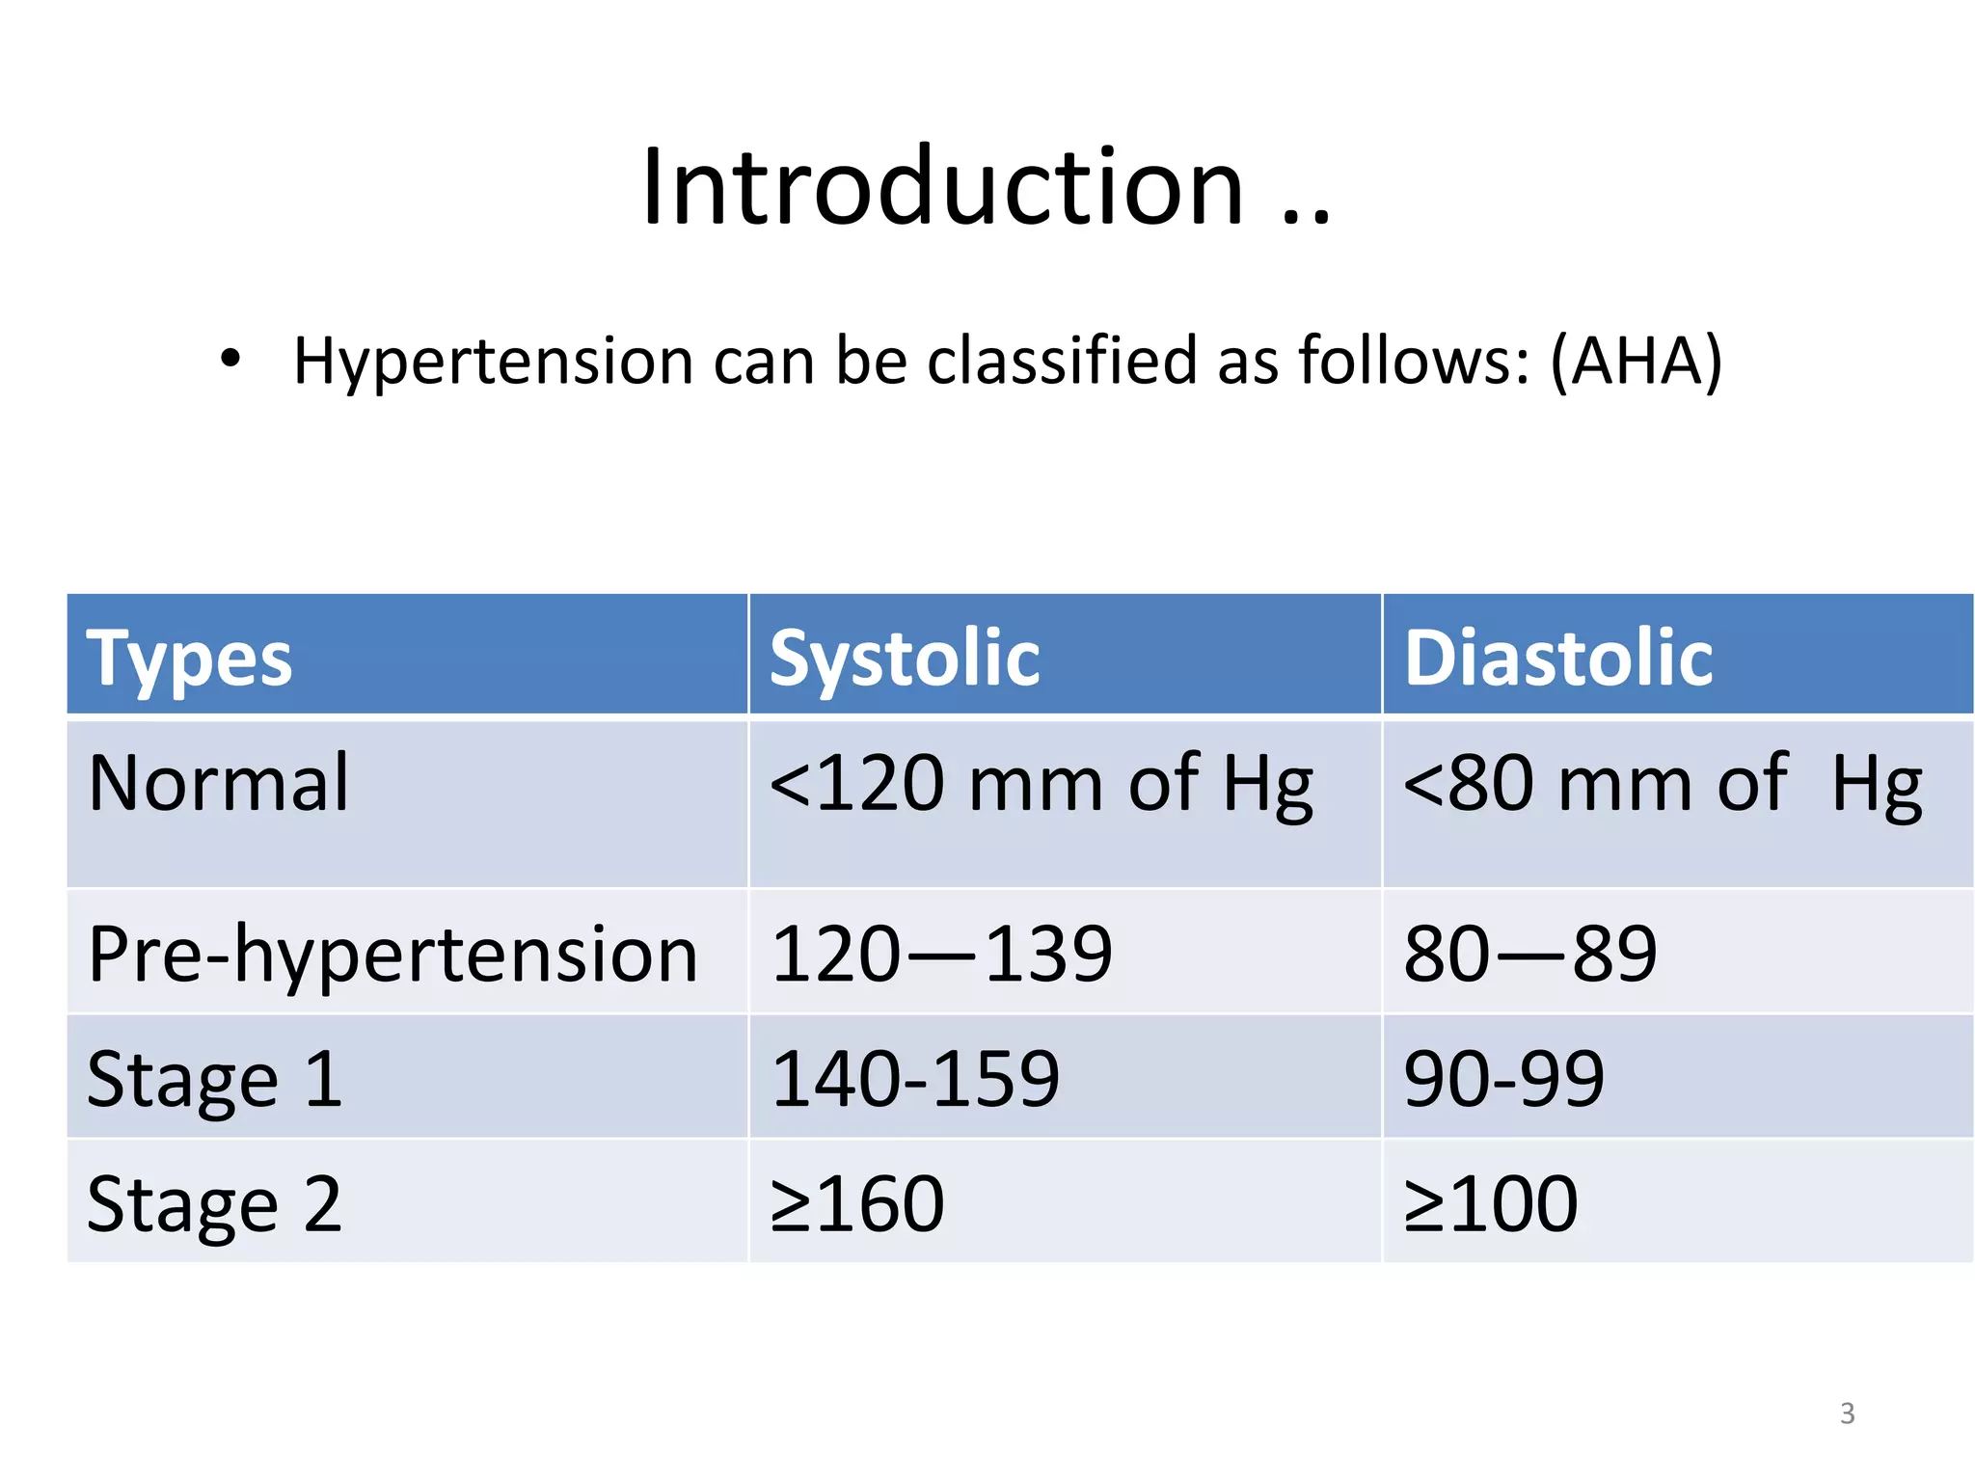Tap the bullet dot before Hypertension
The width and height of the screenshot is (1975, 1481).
tap(230, 360)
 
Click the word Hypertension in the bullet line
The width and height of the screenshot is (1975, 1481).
tap(492, 362)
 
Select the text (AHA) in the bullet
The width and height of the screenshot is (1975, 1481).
tap(1636, 362)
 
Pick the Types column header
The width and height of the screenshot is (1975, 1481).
tap(189, 659)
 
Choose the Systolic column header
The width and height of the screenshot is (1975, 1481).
tap(904, 659)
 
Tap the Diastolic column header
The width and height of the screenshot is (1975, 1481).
tap(1557, 659)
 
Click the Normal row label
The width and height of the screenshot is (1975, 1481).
tap(218, 783)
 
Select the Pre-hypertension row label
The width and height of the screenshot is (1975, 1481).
tap(392, 955)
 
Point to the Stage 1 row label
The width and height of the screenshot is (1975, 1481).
tap(214, 1079)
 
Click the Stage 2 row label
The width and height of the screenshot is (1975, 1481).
tap(214, 1203)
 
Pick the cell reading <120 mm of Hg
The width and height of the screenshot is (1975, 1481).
tap(1041, 784)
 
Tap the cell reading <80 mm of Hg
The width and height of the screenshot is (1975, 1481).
tap(1662, 784)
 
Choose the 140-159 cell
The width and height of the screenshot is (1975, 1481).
tap(915, 1079)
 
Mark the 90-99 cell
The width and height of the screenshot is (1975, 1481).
tap(1503, 1079)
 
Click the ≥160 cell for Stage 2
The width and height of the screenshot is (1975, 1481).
tap(857, 1203)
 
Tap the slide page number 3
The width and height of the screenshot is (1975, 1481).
tap(1847, 1414)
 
